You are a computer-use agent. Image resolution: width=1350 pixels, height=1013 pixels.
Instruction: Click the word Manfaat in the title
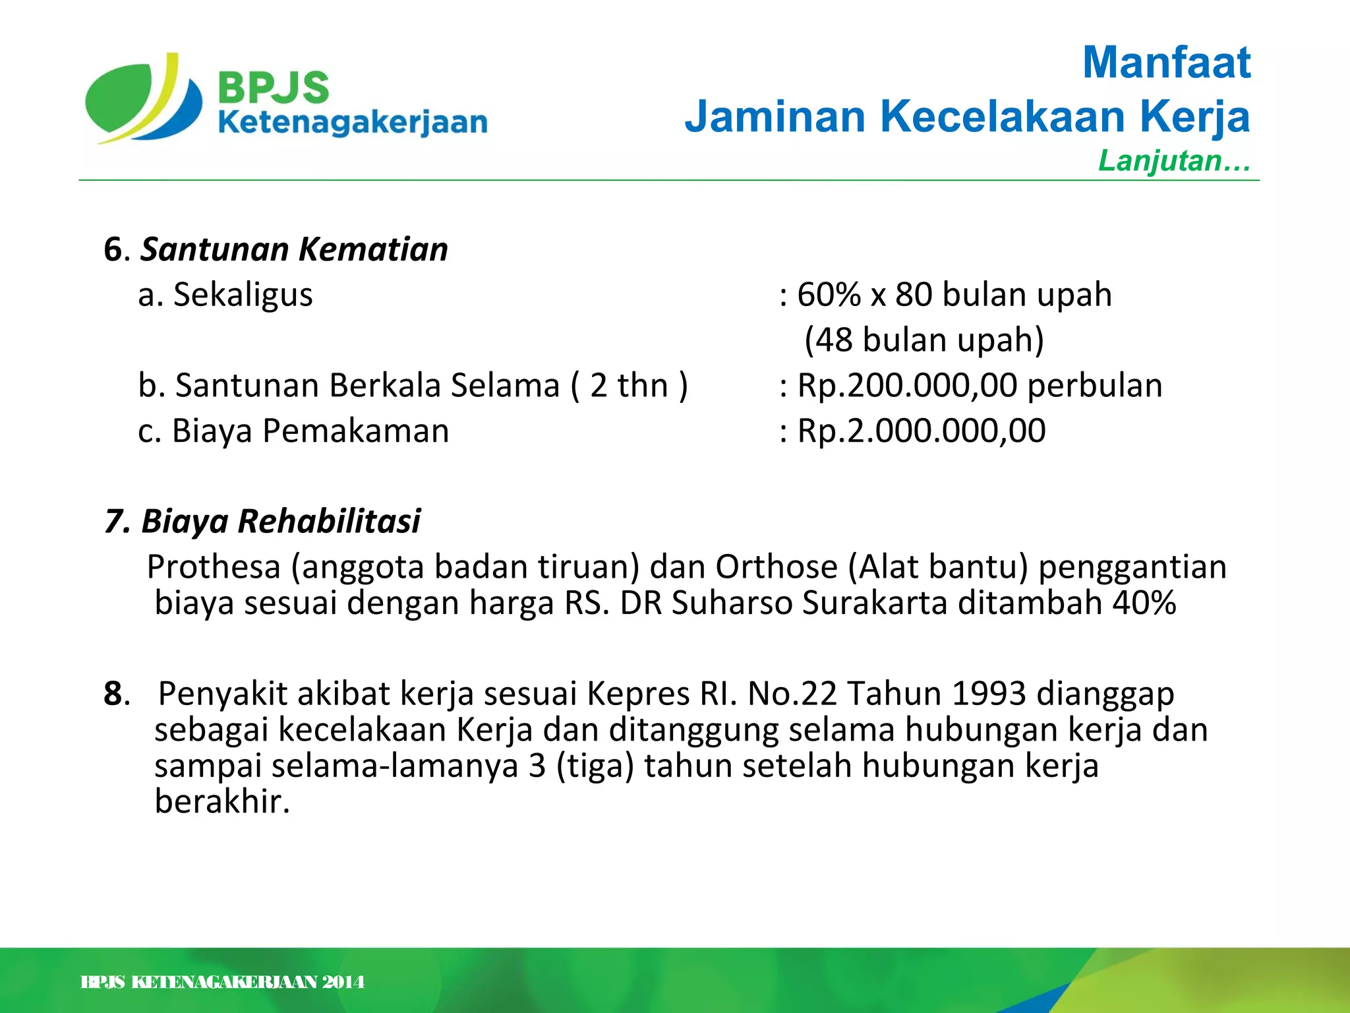1166,63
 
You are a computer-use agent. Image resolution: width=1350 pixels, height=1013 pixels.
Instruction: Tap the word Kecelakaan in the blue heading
1003,117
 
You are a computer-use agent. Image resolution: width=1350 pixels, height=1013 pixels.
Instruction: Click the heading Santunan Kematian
294,250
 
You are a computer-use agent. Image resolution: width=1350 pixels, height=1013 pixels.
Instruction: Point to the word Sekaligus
243,295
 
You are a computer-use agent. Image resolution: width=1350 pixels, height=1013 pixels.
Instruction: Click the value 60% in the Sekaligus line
829,295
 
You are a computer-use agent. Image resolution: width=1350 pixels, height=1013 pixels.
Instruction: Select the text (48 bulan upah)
924,340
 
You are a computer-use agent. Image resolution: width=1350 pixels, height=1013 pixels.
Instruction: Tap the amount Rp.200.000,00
907,386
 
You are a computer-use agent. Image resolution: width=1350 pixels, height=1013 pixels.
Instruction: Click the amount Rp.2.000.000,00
922,431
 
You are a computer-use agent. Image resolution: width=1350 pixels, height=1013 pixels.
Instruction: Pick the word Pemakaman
356,431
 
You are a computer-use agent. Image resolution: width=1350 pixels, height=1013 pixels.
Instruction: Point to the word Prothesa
214,567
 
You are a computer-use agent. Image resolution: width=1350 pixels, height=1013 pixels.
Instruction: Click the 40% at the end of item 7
1144,603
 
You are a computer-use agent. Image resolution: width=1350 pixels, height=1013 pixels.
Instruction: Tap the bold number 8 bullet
113,694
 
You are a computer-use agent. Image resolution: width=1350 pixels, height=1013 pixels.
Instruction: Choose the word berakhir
221,802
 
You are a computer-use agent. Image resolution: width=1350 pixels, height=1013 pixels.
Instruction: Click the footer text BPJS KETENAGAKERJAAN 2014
222,983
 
